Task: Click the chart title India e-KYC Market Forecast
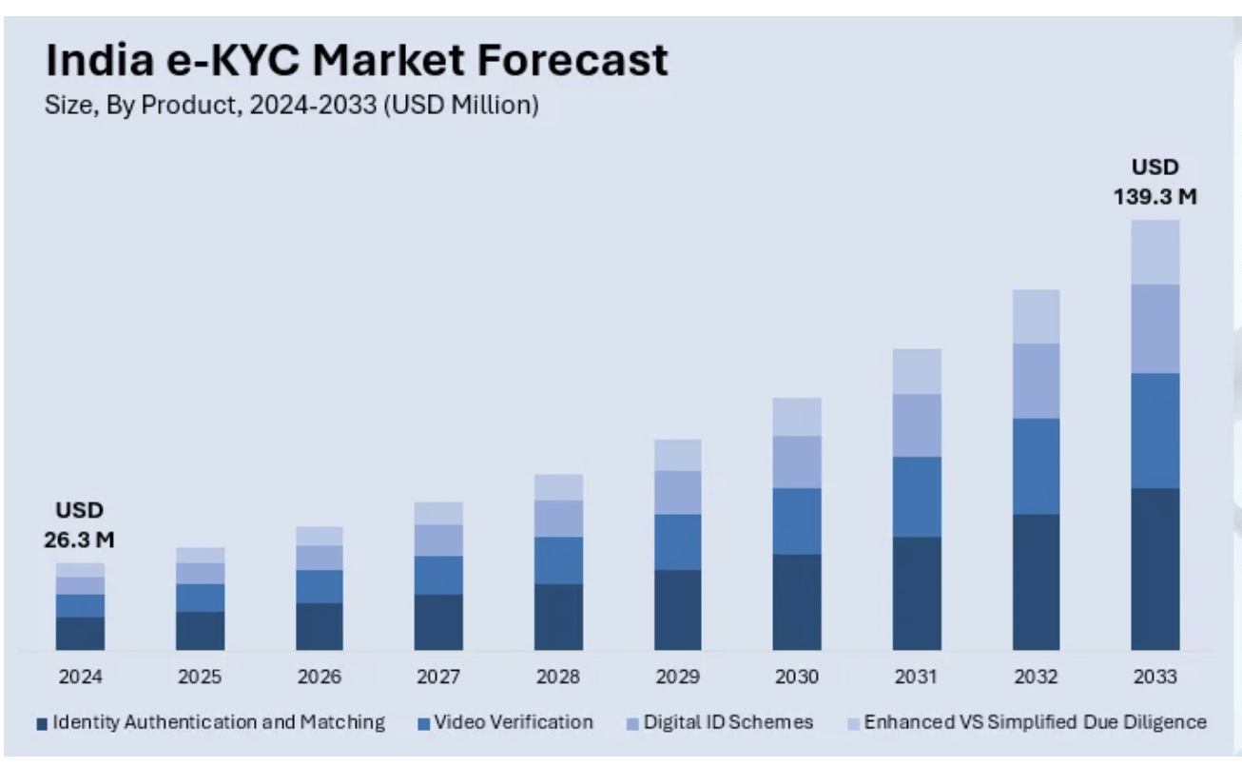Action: tap(357, 61)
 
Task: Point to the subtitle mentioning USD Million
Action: tap(292, 105)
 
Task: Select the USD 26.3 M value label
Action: tap(79, 524)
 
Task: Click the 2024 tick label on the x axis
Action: tap(80, 678)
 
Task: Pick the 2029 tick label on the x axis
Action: tap(677, 678)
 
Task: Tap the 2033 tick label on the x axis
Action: tap(1155, 678)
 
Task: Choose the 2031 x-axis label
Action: tap(916, 678)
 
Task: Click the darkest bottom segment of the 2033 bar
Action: tap(1155, 569)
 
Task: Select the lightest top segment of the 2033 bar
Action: tap(1155, 252)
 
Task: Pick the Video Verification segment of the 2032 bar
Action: tap(1036, 466)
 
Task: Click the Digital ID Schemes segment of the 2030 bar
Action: tap(797, 462)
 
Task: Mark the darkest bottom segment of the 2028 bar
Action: tap(558, 617)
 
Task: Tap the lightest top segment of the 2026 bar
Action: tap(320, 536)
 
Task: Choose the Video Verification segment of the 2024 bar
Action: tap(80, 605)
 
